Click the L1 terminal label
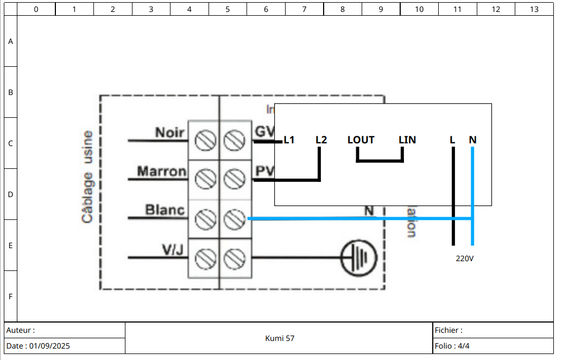coord(289,140)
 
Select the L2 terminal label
coord(321,140)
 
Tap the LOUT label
coord(361,140)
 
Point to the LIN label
coord(407,140)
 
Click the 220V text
coord(465,258)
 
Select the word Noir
coord(170,132)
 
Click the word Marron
coord(161,172)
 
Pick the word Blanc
coord(165,210)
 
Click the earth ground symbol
coord(359,257)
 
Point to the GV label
coord(265,131)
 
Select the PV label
coord(264,171)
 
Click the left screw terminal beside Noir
coord(204,140)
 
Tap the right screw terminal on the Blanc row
coord(235,218)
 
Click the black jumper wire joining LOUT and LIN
coord(380,161)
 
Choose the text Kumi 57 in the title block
coord(280,338)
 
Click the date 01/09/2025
coord(49,346)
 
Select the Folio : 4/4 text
coord(452,346)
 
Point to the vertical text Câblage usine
coord(87,176)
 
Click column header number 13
coord(534,9)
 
